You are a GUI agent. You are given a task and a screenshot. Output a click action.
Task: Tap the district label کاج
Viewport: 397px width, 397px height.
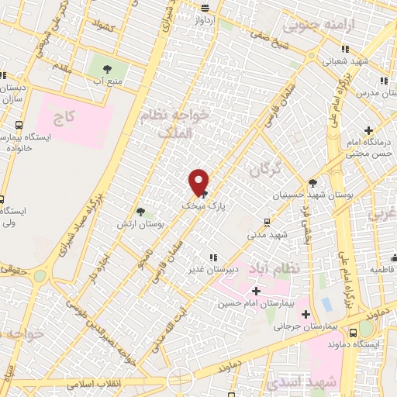pos(64,119)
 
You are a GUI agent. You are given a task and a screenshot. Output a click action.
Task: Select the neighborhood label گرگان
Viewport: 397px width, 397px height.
pos(265,169)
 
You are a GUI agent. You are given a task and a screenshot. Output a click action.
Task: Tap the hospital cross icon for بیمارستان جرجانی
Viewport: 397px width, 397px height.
pos(306,314)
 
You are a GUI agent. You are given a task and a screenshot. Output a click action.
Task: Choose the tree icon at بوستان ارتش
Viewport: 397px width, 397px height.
pos(140,211)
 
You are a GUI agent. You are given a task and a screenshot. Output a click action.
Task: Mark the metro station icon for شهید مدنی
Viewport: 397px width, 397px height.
pos(268,220)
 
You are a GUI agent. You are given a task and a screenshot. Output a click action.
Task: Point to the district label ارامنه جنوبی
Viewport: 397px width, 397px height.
pos(320,25)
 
